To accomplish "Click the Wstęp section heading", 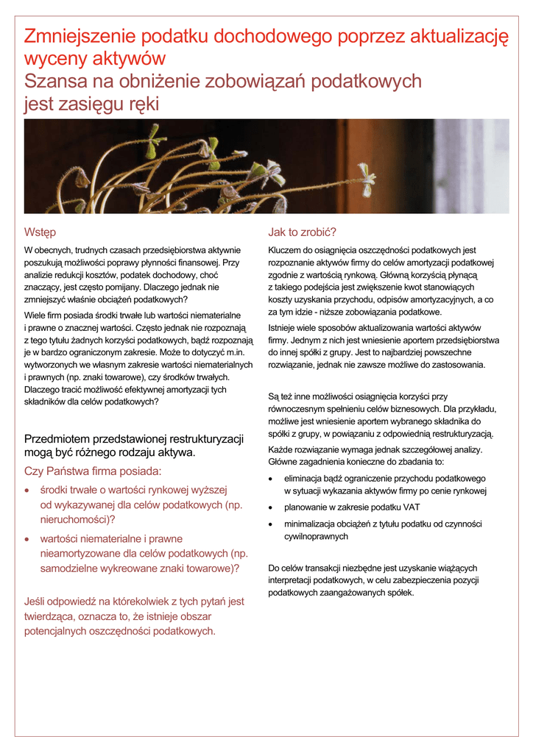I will tap(40, 232).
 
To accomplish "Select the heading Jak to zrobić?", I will tap(303, 232).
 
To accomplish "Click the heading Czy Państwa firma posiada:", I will tap(93, 471).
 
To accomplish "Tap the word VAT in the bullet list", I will tap(409, 507).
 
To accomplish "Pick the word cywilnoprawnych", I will tap(317, 537).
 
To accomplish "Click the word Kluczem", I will tap(285, 250).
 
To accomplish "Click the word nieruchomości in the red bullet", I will tap(74, 519).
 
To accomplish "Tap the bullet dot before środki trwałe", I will tap(28, 490).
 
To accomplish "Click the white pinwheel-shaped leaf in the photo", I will tap(366, 175).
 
